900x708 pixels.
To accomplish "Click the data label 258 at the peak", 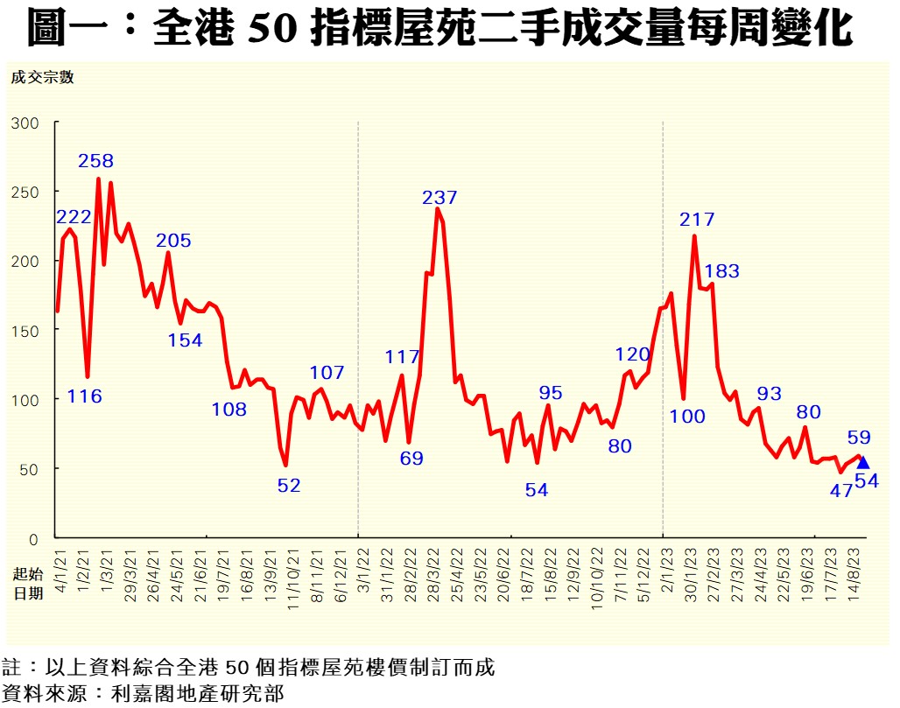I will pos(95,161).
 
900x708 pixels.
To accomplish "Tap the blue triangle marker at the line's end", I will pos(863,462).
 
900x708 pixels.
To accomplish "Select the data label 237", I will pos(439,198).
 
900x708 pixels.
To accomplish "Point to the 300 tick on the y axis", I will pos(25,123).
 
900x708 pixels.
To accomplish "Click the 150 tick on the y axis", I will pos(25,330).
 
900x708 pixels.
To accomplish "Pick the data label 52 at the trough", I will pos(289,485).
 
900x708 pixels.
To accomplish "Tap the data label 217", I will pos(697,220).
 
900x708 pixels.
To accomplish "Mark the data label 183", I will pos(721,271).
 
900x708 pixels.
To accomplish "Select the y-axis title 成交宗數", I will pos(42,77).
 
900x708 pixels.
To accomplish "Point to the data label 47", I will pos(841,490).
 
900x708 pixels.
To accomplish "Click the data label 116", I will pos(85,396).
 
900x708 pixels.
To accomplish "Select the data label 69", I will pos(411,458).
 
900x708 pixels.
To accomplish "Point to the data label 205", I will pos(173,241).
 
